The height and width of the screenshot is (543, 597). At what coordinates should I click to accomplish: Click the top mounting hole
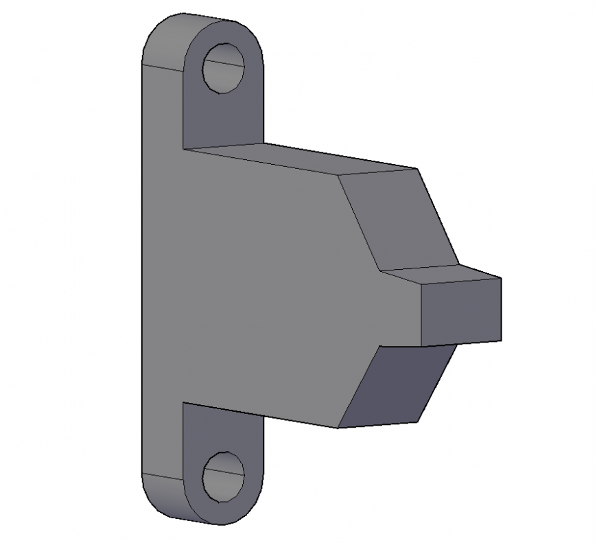click(224, 67)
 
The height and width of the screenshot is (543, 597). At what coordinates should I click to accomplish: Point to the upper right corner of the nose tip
click(501, 278)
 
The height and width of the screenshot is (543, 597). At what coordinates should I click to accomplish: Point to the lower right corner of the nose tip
click(501, 341)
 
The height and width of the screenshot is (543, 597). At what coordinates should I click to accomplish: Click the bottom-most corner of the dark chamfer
click(338, 428)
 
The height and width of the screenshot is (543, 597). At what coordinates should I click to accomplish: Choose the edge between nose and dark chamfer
click(419, 345)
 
